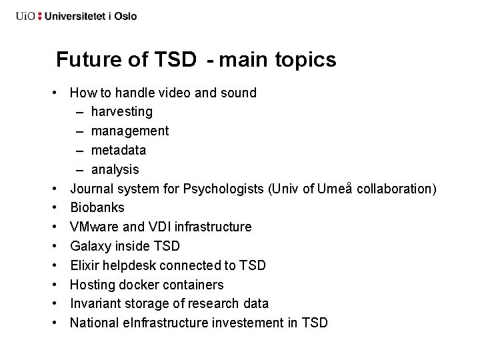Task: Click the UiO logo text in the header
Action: [x=26, y=15]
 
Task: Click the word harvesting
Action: [x=122, y=112]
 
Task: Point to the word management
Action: [x=130, y=131]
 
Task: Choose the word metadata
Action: [x=119, y=150]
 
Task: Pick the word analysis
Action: [x=115, y=169]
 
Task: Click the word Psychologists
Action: [x=227, y=189]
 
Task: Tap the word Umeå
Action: [x=335, y=189]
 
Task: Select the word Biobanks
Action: [x=97, y=208]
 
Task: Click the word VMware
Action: [x=94, y=227]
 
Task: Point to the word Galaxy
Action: [x=92, y=246]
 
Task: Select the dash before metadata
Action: [x=80, y=150]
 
